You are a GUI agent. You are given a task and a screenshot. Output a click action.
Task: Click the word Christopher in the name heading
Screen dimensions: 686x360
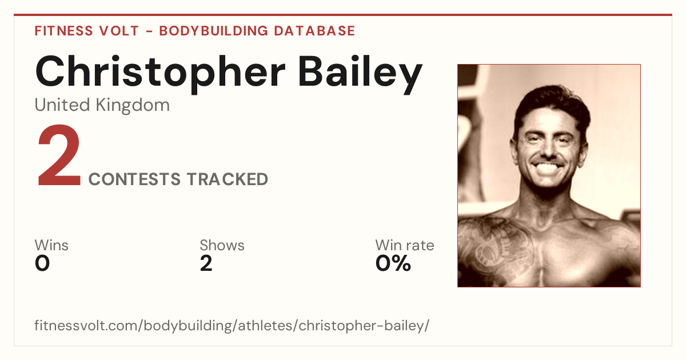tap(160, 73)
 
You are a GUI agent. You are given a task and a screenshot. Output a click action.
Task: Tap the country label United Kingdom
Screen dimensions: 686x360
tap(102, 105)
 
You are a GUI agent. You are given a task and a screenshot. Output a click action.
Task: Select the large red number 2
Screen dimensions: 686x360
tap(59, 155)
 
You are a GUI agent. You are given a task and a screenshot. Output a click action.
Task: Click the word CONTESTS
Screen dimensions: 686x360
tap(134, 179)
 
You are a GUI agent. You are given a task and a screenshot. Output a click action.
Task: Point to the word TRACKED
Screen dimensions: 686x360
tap(228, 179)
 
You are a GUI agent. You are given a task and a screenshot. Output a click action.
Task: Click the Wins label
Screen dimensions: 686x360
tap(51, 245)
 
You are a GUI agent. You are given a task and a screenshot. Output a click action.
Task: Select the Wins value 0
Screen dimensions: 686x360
tap(42, 263)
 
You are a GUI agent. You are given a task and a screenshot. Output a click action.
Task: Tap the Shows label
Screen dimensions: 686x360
tap(222, 245)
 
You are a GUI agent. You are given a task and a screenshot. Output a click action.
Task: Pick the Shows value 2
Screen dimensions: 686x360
tap(206, 263)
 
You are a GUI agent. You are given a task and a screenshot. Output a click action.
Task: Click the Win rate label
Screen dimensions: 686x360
tap(405, 245)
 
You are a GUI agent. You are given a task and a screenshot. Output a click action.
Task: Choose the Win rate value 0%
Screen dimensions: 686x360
tap(393, 263)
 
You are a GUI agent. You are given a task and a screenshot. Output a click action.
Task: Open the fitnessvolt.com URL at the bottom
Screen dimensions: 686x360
tap(232, 325)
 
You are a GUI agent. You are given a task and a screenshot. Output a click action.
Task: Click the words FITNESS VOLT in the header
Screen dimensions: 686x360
tap(87, 31)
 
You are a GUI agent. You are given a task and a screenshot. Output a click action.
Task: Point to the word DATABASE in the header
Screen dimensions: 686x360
tap(314, 31)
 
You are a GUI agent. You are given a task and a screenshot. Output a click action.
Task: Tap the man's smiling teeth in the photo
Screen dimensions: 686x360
tap(548, 168)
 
